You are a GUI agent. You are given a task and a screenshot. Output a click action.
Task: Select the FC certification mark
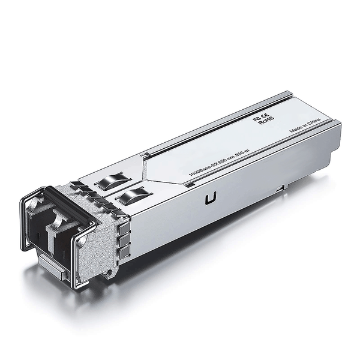tap(256, 119)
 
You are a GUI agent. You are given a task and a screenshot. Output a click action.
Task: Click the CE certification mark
tap(264, 115)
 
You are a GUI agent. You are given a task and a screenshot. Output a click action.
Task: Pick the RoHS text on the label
tap(265, 123)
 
